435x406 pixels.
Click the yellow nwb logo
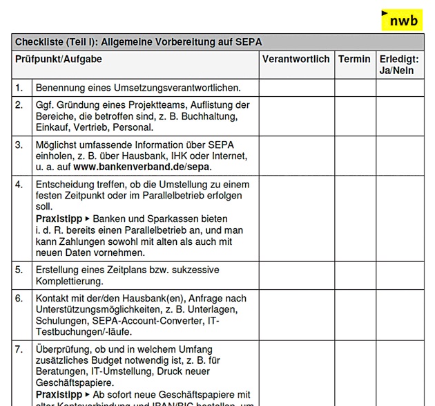402,21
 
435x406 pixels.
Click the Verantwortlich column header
296,59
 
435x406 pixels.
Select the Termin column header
354,59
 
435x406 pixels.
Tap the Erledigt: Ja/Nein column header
399,65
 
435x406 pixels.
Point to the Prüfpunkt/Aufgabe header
59,59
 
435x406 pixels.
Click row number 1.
19,88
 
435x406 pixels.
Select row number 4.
19,185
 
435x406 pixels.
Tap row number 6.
19,298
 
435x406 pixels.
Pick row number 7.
19,349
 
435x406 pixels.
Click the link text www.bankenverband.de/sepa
142,167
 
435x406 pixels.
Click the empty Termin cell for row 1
355,88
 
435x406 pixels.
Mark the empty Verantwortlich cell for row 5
297,276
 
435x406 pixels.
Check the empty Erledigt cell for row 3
399,156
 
